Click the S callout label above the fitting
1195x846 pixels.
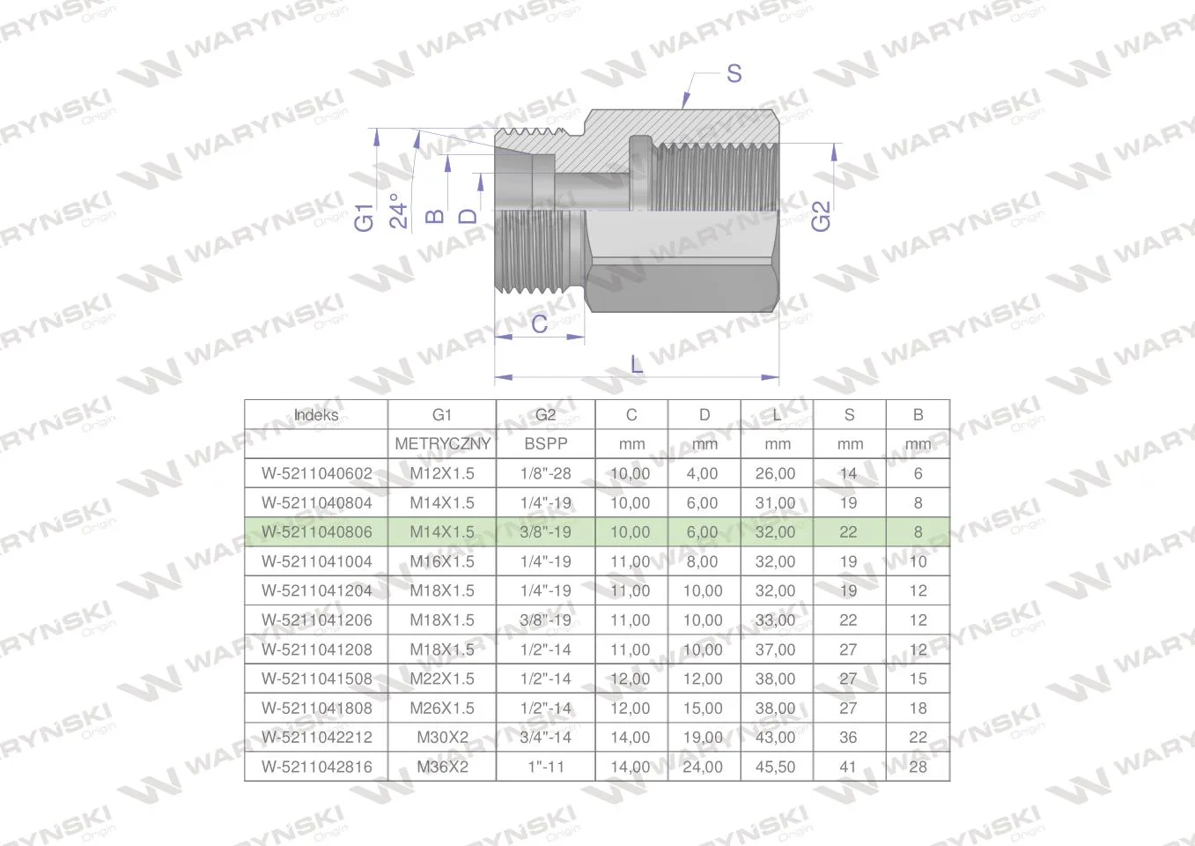point(734,73)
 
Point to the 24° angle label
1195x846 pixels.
point(399,211)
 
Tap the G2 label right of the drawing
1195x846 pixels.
point(821,216)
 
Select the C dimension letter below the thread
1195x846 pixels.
point(540,323)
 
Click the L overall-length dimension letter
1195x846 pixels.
point(637,365)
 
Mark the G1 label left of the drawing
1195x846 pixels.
point(364,217)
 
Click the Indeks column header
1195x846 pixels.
point(316,415)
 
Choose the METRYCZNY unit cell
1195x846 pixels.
point(442,444)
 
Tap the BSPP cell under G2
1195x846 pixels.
point(546,444)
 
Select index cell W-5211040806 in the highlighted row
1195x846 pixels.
point(317,532)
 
